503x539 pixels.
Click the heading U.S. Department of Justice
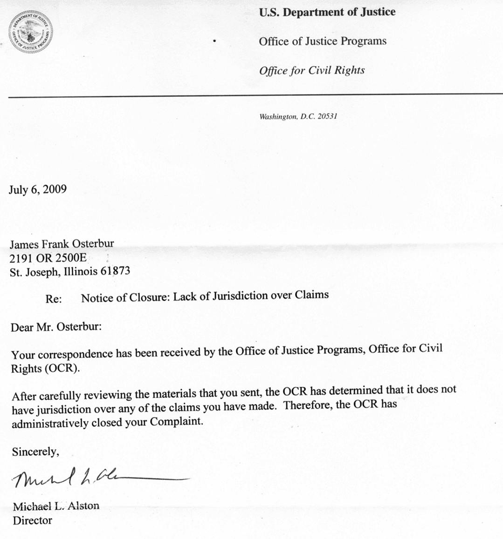(327, 12)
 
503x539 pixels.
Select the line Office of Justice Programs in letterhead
(323, 41)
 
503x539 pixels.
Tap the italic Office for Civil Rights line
(311, 70)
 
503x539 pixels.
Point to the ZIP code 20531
(327, 116)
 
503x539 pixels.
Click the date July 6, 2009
(37, 189)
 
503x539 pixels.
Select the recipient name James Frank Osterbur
(62, 243)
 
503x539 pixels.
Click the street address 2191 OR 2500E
(48, 257)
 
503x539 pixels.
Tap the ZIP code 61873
(115, 271)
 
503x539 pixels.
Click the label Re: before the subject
(54, 299)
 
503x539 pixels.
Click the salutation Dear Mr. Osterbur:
(56, 327)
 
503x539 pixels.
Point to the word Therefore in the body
(308, 404)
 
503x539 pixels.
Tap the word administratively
(50, 424)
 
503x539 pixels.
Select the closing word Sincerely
(35, 451)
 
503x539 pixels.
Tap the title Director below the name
(33, 520)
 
